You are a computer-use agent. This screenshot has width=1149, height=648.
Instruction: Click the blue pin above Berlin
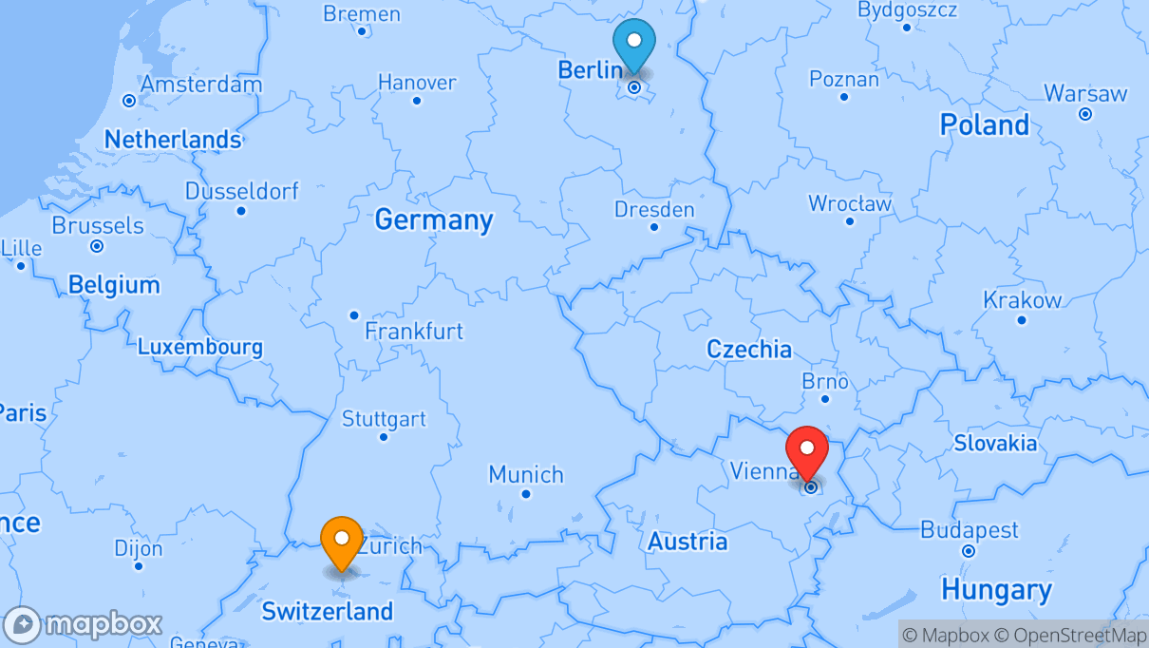[x=634, y=44]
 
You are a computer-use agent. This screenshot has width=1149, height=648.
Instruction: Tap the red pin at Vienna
[x=807, y=451]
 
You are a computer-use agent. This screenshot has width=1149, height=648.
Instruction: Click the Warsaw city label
[x=1085, y=94]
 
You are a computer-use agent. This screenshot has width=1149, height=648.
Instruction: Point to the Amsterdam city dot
[x=129, y=101]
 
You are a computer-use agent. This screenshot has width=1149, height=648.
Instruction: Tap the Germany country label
[x=434, y=219]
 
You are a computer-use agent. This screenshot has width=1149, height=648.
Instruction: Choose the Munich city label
[x=526, y=474]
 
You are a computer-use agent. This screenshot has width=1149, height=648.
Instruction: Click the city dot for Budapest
[x=968, y=551]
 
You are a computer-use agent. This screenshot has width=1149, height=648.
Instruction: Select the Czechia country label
[x=749, y=349]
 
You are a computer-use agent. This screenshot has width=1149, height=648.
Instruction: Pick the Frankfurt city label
[x=414, y=331]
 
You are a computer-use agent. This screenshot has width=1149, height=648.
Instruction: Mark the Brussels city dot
[x=97, y=246]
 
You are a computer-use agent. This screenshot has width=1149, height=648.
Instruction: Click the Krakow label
[x=1022, y=300]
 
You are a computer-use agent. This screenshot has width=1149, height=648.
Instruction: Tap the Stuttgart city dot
[x=384, y=437]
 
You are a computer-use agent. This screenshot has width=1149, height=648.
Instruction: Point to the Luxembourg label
[x=200, y=347]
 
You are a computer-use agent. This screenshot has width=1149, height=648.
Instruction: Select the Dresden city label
[x=654, y=209]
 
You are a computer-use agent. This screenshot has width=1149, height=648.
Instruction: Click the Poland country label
[x=984, y=124]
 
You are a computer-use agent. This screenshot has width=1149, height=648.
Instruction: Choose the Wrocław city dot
[x=850, y=221]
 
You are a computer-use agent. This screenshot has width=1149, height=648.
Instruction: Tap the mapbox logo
[x=84, y=624]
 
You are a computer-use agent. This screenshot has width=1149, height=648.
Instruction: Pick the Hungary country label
[x=996, y=590]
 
